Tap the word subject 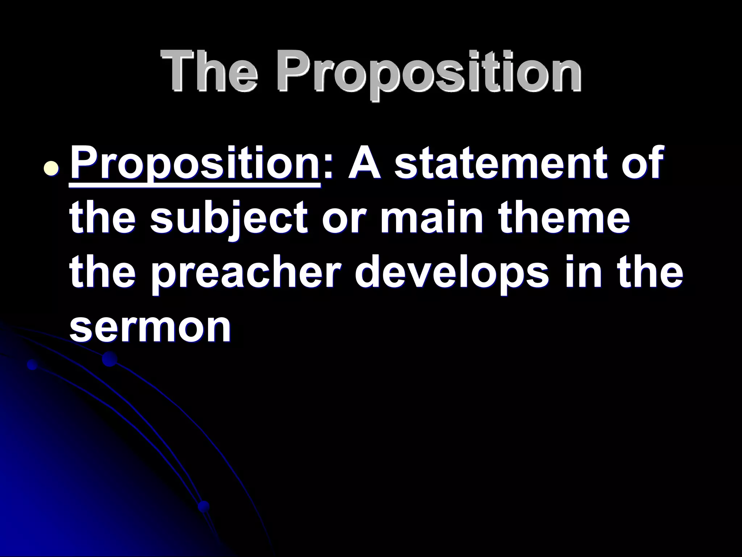pyautogui.click(x=232, y=219)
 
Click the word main pyautogui.click(x=432, y=219)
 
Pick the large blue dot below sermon pyautogui.click(x=109, y=359)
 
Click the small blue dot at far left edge pyautogui.click(x=33, y=364)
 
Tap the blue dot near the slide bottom pyautogui.click(x=204, y=506)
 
